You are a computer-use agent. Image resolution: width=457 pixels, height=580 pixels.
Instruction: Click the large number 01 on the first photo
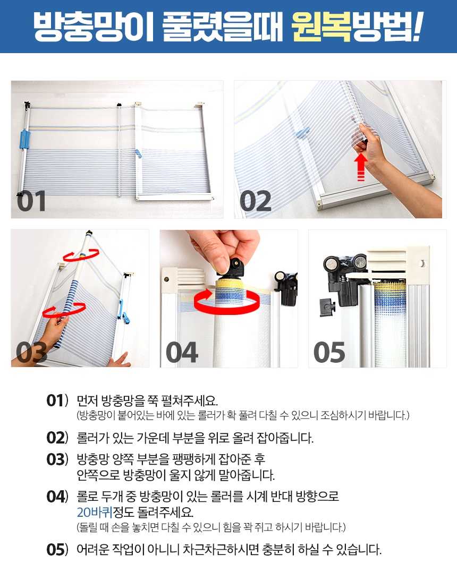(31, 201)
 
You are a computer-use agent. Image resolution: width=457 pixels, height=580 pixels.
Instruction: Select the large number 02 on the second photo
(255, 201)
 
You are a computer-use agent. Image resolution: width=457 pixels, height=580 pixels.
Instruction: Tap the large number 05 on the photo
(329, 352)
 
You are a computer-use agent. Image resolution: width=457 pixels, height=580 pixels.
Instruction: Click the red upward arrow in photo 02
(361, 167)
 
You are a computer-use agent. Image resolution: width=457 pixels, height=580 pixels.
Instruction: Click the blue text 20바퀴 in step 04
(95, 513)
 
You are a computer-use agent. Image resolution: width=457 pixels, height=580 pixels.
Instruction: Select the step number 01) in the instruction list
(57, 400)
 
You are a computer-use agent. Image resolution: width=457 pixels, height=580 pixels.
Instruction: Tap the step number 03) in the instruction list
(57, 460)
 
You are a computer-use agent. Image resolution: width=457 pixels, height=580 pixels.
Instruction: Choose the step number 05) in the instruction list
(57, 550)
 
